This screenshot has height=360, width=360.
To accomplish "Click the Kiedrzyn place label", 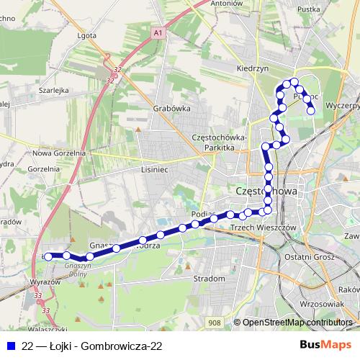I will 251,68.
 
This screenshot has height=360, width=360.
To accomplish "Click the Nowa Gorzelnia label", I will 59,153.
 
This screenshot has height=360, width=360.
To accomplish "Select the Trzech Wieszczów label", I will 263,227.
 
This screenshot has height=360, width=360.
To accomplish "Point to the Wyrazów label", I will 45,282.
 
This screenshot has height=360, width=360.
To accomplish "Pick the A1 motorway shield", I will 158,32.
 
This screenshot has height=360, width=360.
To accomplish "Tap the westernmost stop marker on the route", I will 48,256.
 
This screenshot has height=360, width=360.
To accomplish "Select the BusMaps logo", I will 325,345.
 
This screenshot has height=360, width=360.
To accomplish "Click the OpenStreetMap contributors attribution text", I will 297,323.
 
